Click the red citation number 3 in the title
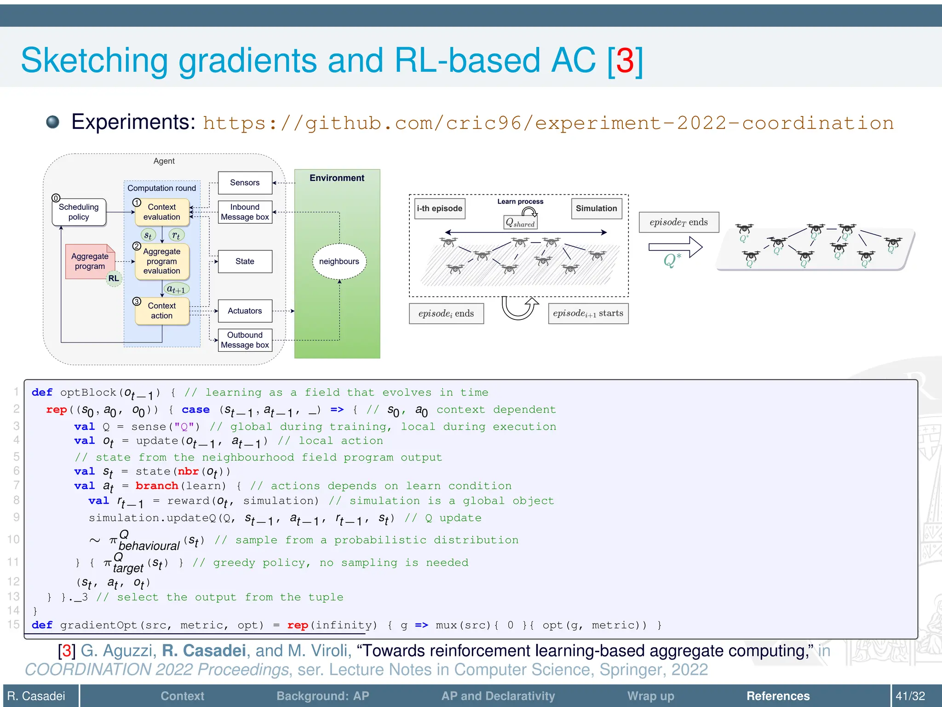pos(625,61)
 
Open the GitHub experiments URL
pos(548,123)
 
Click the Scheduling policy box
pos(79,212)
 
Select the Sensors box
pos(245,183)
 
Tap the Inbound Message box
pos(245,212)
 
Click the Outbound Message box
pos(245,340)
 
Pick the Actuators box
pos(245,311)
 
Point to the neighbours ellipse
pos(339,261)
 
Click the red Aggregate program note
pos(89,261)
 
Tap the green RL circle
pos(114,278)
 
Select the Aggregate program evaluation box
pos(161,261)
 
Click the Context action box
pos(161,311)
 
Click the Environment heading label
pos(337,178)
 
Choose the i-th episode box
pos(439,209)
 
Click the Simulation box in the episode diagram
pos(596,209)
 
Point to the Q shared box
pos(520,223)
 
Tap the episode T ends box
pos(678,222)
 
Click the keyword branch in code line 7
pos(157,486)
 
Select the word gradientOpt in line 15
pos(98,626)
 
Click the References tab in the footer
pos(778,696)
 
